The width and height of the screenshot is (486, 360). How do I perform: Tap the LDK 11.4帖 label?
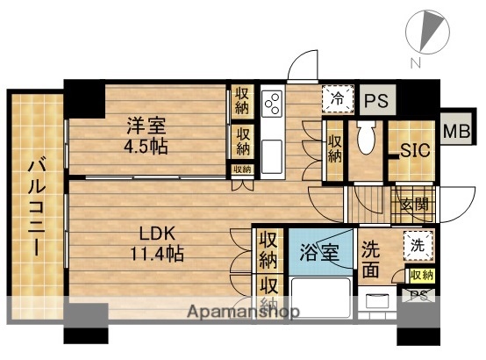[x=159, y=243]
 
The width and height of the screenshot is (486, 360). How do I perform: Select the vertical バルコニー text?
[x=38, y=207]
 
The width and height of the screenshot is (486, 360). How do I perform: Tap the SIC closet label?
[x=414, y=150]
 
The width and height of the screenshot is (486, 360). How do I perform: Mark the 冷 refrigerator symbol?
[x=335, y=99]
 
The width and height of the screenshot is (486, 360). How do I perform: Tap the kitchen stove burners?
[x=271, y=104]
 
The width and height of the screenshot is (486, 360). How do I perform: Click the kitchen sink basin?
[x=271, y=158]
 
